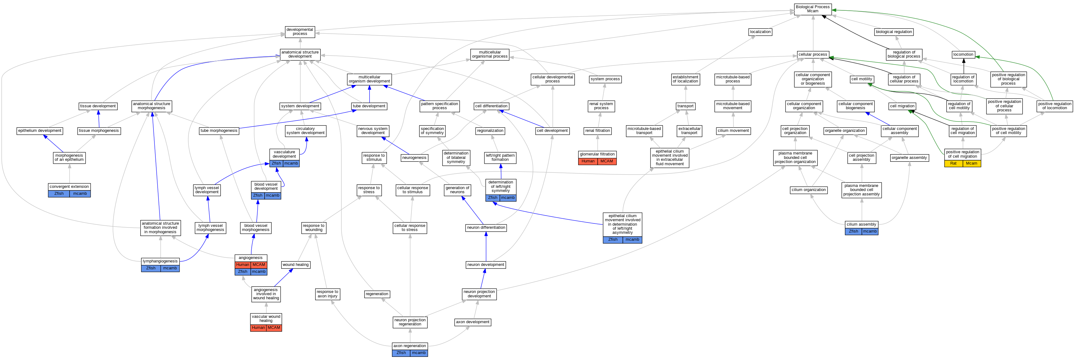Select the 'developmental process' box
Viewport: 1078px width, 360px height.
(300, 32)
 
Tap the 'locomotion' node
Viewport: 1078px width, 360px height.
(963, 54)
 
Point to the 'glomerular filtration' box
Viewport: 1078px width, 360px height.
(597, 154)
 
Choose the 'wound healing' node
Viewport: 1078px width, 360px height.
(295, 265)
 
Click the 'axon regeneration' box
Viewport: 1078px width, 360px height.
(410, 346)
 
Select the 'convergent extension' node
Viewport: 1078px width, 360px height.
(69, 187)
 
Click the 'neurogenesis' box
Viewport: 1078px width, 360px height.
(414, 158)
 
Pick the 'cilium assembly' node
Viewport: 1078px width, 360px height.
(861, 224)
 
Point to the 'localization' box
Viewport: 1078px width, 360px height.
(760, 32)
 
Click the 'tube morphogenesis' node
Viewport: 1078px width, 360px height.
(219, 131)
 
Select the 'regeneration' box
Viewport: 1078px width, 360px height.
(377, 294)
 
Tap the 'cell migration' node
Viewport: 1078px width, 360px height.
(902, 106)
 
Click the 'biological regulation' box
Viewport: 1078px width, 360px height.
(893, 32)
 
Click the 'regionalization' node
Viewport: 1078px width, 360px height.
(490, 131)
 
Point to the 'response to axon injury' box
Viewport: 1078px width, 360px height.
(327, 294)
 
